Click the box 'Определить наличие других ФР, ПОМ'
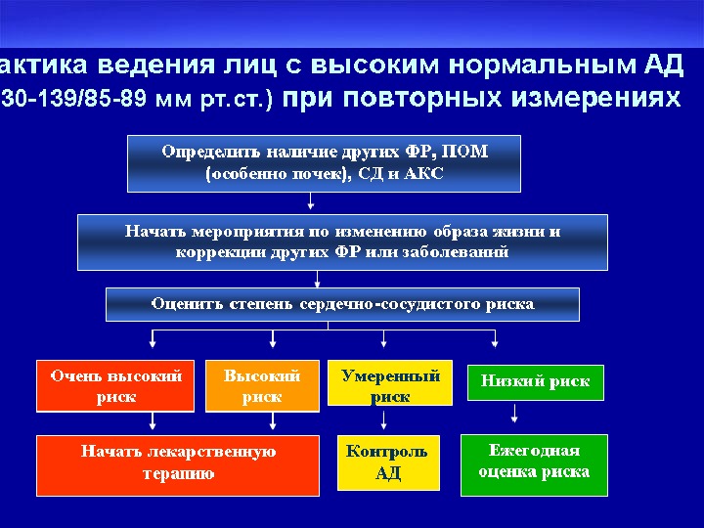pos(325,162)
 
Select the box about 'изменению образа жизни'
pos(342,242)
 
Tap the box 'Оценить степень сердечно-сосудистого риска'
pos(342,304)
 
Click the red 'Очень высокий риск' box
pos(116,386)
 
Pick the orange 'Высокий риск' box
pos(262,386)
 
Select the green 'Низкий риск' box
pos(535,382)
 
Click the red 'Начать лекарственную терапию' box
pos(178,464)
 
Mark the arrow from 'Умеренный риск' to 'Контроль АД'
pos(384,420)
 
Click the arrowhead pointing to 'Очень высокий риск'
pos(153,345)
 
